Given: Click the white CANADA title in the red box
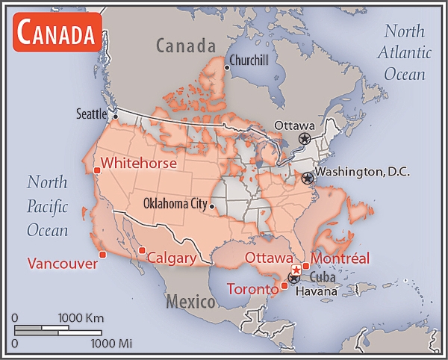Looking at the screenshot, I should (57, 34).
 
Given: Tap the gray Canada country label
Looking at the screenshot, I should (185, 46).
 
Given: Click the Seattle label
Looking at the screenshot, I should (93, 114).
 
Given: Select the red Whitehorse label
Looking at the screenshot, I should (139, 163).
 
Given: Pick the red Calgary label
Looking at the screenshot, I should (171, 258).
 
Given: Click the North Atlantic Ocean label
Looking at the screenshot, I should (404, 52).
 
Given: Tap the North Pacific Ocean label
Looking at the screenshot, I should (47, 206).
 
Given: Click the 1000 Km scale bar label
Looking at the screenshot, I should (82, 318).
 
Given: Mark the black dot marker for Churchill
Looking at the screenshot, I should (226, 68).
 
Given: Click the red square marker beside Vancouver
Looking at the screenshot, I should (102, 255).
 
